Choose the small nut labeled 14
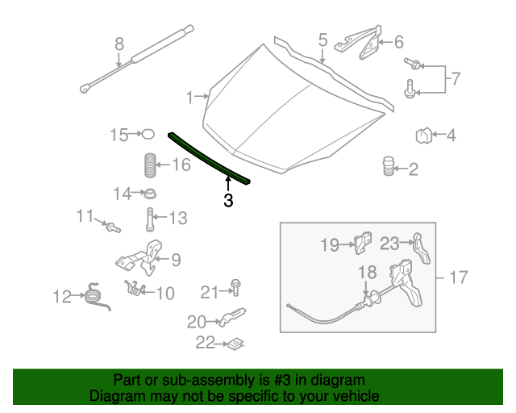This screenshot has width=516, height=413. pos(149,194)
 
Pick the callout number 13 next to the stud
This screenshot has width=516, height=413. pos(177,218)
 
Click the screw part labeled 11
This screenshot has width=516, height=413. pos(112,228)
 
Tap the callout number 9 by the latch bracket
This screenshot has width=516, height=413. pos(175,260)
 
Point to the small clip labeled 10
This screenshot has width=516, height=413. pos(134,286)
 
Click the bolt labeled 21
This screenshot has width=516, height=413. pos(235,287)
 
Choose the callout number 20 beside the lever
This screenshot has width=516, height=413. pos(197,322)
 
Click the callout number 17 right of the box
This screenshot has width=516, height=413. pos(457,278)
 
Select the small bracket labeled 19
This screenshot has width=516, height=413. pos(364,241)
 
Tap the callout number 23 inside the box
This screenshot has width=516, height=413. pos(390,242)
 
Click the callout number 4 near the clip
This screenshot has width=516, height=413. pos(451,136)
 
